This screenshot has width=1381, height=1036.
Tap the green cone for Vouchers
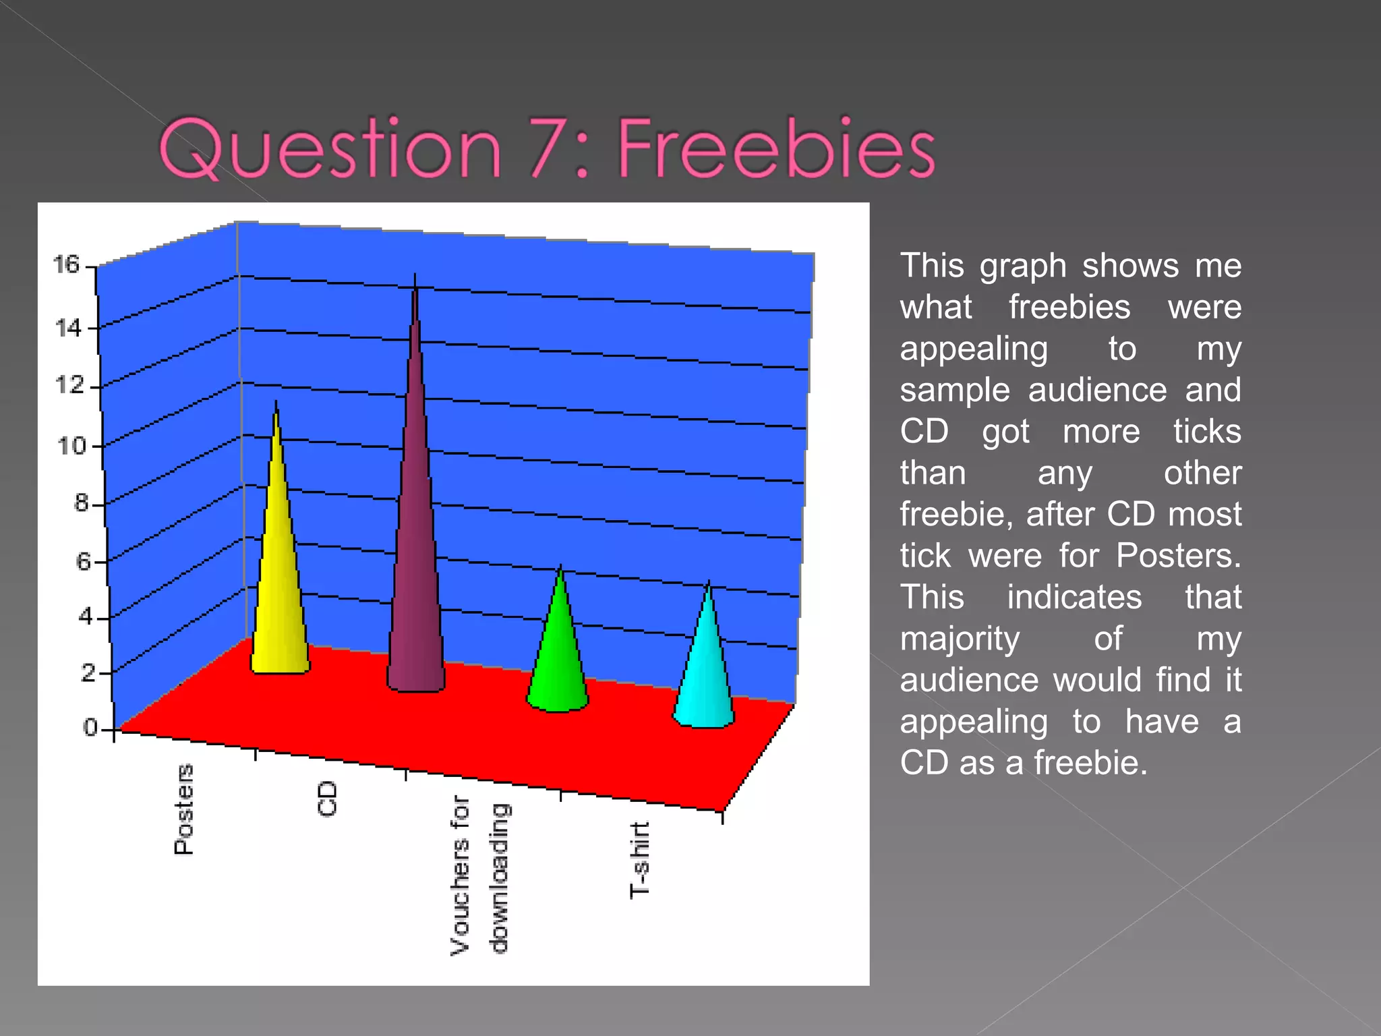(x=558, y=661)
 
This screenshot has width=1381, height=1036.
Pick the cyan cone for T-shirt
(x=705, y=674)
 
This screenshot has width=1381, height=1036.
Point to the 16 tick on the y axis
(x=67, y=264)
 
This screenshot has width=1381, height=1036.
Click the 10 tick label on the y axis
(x=71, y=446)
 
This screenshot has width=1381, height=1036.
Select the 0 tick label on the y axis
(x=90, y=727)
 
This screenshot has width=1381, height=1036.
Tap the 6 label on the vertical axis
(x=83, y=561)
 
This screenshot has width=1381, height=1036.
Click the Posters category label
(x=183, y=809)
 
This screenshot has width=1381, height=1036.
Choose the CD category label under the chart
(x=327, y=799)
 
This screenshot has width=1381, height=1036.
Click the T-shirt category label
(x=639, y=860)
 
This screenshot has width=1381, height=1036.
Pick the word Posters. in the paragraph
(x=1178, y=556)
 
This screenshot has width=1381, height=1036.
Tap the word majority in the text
(x=960, y=639)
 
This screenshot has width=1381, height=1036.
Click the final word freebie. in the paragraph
(x=1090, y=763)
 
